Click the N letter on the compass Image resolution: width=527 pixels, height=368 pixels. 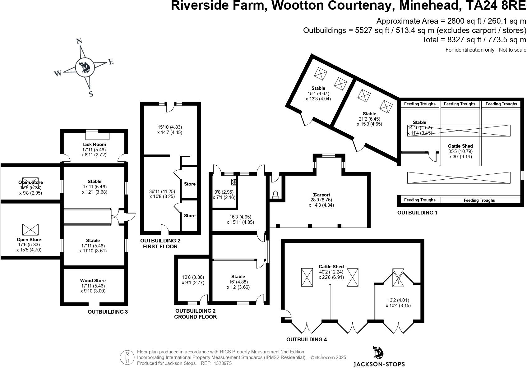[x=79, y=41]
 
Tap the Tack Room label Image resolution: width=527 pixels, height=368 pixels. [x=94, y=144]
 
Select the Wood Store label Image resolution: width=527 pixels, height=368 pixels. [x=93, y=281]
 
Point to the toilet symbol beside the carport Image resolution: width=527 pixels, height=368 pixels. [x=275, y=194]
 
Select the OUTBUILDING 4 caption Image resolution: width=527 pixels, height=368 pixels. [x=307, y=339]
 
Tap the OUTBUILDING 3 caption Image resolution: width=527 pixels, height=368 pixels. [x=108, y=312]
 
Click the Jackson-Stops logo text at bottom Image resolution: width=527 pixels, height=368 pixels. [x=379, y=364]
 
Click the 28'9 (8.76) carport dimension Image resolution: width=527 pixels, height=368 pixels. [x=321, y=200]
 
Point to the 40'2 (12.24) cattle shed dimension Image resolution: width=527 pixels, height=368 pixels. [x=331, y=272]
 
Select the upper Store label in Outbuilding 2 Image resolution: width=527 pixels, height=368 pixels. [x=190, y=184]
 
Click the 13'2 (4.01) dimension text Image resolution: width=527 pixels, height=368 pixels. [x=398, y=300]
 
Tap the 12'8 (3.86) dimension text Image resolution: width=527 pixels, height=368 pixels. [x=193, y=277]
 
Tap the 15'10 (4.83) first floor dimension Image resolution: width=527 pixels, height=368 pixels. [x=170, y=127]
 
